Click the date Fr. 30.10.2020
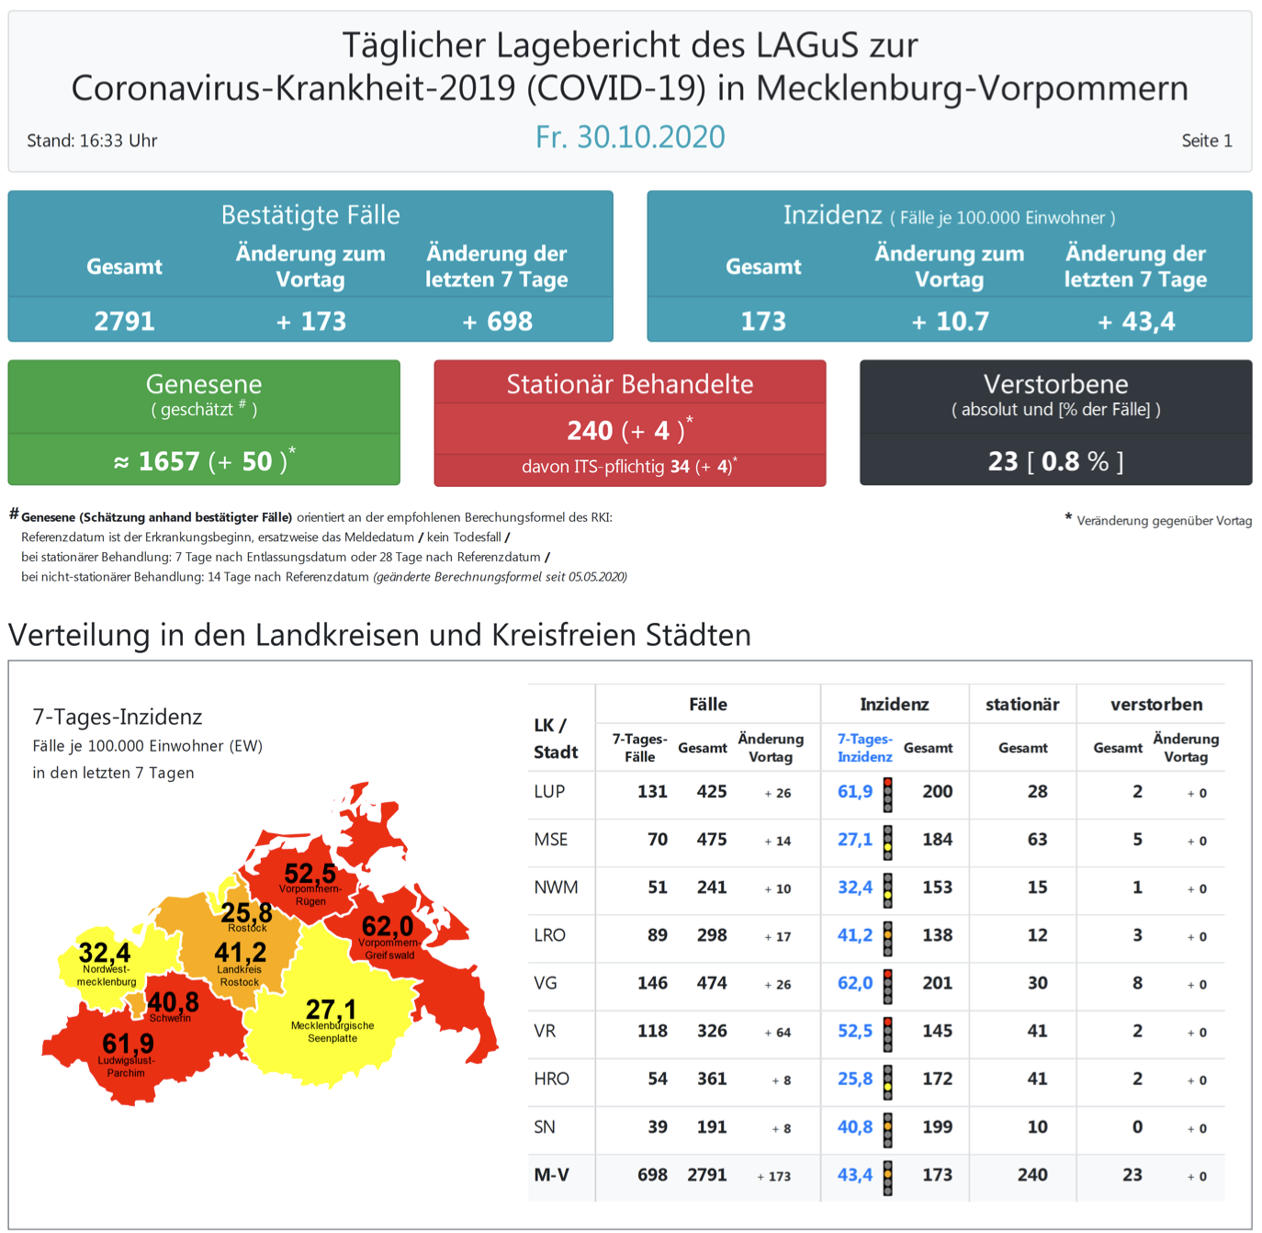click(x=630, y=137)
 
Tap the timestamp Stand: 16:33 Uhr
click(x=92, y=141)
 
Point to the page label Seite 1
click(x=1206, y=141)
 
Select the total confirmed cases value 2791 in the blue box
click(x=124, y=322)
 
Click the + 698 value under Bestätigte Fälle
click(x=497, y=322)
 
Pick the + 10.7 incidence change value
click(x=950, y=322)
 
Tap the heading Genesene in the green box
click(x=204, y=384)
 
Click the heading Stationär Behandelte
click(x=630, y=384)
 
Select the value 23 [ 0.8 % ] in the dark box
click(x=1055, y=461)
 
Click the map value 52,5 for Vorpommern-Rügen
click(x=310, y=873)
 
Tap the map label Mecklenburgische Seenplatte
click(x=332, y=1032)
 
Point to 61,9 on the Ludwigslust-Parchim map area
click(x=129, y=1044)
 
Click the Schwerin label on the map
click(x=170, y=1018)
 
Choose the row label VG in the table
click(x=546, y=983)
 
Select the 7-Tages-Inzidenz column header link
click(x=864, y=748)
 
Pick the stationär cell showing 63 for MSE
click(x=1037, y=840)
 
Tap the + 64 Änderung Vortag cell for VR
click(x=777, y=1032)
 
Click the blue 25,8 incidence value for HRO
click(x=855, y=1079)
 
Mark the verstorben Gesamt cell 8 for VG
click(x=1137, y=983)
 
